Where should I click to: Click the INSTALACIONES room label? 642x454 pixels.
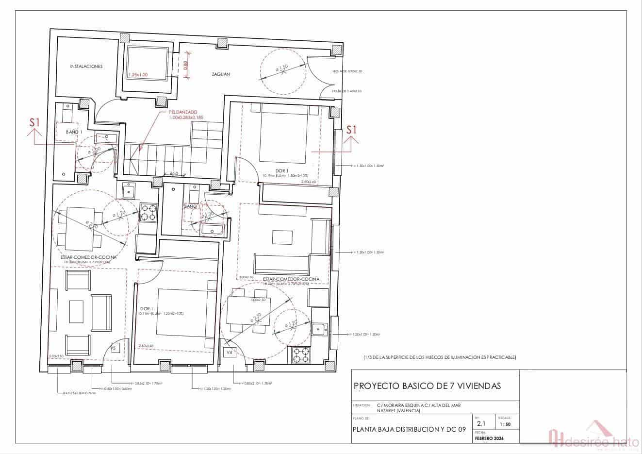86,67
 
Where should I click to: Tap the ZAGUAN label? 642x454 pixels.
220,74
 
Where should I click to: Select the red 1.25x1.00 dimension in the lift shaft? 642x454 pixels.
138,75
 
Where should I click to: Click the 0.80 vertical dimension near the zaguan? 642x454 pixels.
185,66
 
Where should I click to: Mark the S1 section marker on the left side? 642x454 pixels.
34,123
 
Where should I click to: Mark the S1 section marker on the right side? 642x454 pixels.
351,130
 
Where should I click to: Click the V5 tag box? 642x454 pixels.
115,348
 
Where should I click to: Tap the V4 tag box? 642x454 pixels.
229,352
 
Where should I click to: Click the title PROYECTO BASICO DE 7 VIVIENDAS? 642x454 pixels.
427,386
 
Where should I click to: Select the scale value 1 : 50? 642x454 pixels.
505,424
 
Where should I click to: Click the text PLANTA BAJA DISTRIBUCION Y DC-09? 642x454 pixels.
409,429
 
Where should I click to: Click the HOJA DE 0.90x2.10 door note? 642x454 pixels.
347,71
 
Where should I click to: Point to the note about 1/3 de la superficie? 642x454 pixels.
440,357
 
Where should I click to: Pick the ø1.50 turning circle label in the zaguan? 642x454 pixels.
282,68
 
